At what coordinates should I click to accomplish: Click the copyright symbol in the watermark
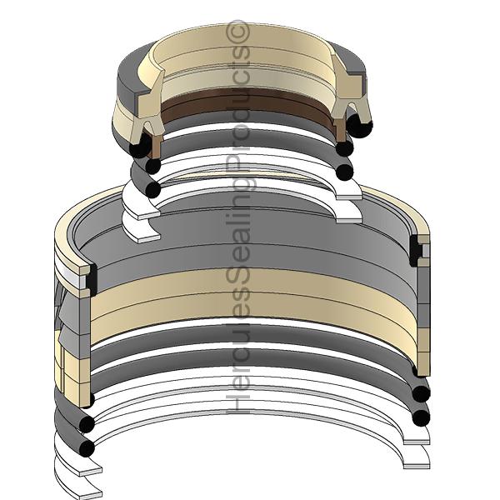point(237,31)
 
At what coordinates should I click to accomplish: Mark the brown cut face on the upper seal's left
point(156,145)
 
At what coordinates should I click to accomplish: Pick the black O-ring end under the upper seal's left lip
point(140,147)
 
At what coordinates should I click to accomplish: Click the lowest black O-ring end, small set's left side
point(153,190)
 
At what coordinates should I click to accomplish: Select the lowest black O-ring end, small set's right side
point(344,172)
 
